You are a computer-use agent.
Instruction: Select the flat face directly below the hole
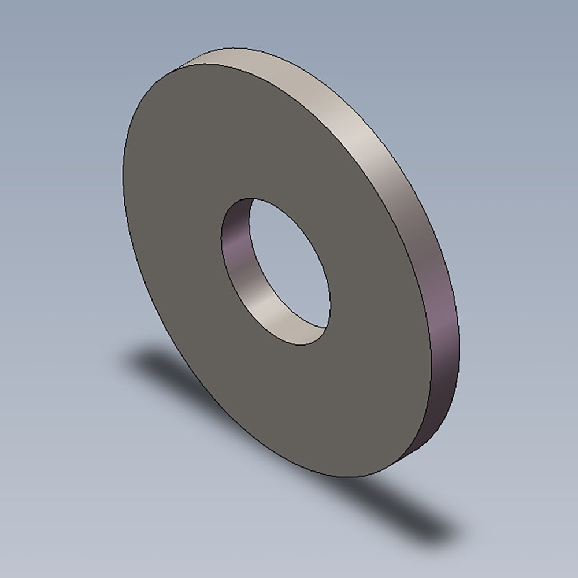pos(324,405)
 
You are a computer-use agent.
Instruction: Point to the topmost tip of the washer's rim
pos(231,48)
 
